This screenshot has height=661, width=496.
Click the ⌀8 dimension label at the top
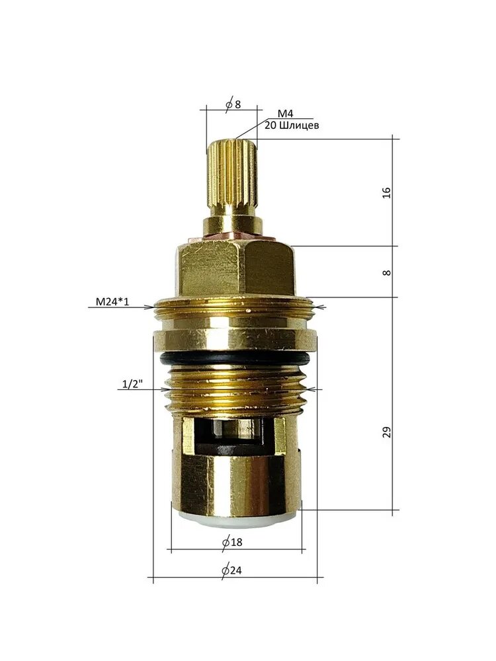[232, 105]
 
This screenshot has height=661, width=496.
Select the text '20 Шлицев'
[291, 125]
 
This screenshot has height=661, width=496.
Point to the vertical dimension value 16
[387, 192]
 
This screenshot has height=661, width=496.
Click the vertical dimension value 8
[387, 272]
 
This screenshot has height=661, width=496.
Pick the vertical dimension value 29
[387, 432]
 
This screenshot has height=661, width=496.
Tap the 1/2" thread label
[130, 384]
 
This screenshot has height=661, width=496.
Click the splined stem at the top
[231, 175]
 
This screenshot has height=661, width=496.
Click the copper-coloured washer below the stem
[231, 237]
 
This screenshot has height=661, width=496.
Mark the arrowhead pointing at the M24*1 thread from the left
[151, 307]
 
